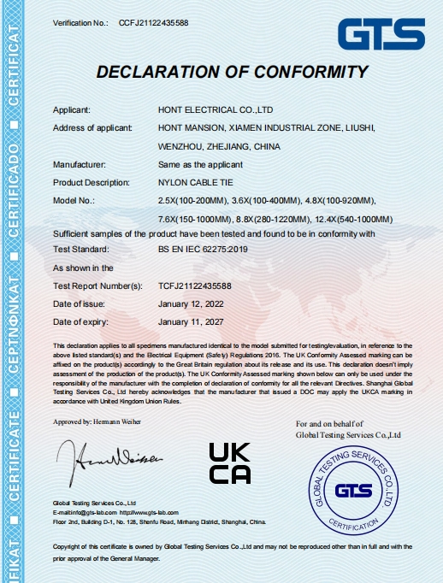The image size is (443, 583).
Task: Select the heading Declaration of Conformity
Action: tap(233, 72)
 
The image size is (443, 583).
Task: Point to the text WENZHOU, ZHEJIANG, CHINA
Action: tap(220, 146)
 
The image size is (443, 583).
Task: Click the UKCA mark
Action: tap(230, 463)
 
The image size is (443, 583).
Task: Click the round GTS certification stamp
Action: tap(353, 492)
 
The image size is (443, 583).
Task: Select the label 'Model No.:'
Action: tap(74, 200)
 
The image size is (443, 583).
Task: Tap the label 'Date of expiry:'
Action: tap(81, 321)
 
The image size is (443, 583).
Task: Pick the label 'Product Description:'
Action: tap(91, 182)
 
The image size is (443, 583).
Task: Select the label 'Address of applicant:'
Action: tap(93, 128)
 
